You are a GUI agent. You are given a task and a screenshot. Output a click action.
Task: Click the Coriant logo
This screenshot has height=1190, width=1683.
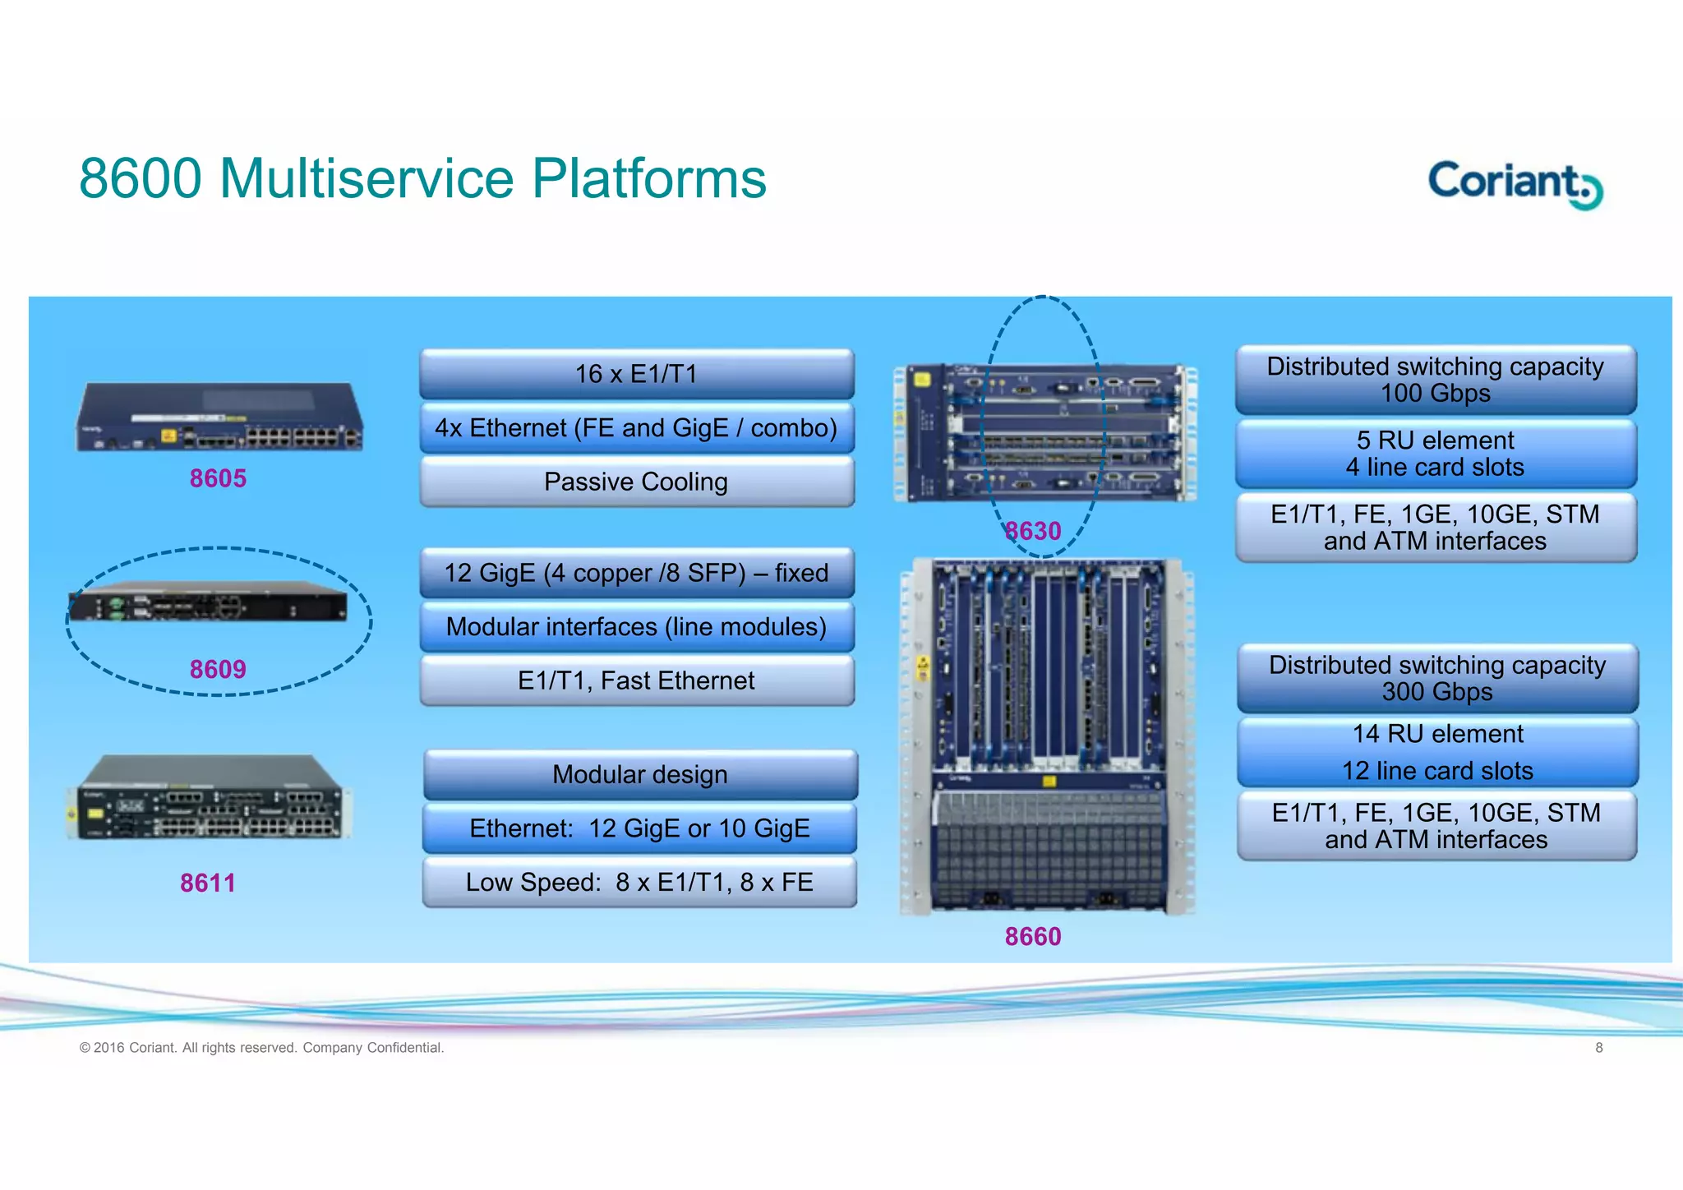(x=1514, y=183)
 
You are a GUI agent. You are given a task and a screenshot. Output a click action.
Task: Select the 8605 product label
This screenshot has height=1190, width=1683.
(x=218, y=478)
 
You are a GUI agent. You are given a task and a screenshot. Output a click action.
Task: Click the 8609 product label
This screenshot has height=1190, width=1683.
(x=218, y=669)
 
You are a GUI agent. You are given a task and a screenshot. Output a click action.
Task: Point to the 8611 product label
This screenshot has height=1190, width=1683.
(x=208, y=883)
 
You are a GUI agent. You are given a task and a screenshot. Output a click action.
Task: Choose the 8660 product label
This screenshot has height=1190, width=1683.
(x=1033, y=936)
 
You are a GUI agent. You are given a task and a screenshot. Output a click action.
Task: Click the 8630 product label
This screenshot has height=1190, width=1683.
(x=1033, y=531)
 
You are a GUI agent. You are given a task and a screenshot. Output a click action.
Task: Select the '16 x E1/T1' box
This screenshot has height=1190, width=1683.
(x=636, y=374)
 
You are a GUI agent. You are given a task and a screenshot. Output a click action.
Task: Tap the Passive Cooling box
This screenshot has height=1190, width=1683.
(x=636, y=482)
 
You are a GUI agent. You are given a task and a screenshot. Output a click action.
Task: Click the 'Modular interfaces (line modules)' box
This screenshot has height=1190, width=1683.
(x=636, y=627)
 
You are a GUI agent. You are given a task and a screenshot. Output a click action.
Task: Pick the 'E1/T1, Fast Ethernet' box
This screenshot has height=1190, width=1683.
(x=636, y=680)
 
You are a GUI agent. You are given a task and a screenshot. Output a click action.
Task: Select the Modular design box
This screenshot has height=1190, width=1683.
(x=640, y=774)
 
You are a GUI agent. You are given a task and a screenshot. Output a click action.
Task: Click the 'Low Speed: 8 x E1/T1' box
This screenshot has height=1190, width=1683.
(x=639, y=882)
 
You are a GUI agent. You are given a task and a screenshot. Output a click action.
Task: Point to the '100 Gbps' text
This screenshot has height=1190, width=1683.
(x=1435, y=394)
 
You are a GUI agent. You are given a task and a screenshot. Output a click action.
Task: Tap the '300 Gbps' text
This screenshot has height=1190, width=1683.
(x=1436, y=692)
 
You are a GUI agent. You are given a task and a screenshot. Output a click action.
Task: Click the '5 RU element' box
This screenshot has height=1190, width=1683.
(x=1436, y=454)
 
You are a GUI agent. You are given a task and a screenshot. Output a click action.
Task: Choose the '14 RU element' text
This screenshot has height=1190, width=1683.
(x=1437, y=734)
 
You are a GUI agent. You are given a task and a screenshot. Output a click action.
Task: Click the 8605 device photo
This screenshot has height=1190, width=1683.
(x=220, y=417)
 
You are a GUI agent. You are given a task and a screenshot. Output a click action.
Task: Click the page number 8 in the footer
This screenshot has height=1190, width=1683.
(x=1599, y=1048)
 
